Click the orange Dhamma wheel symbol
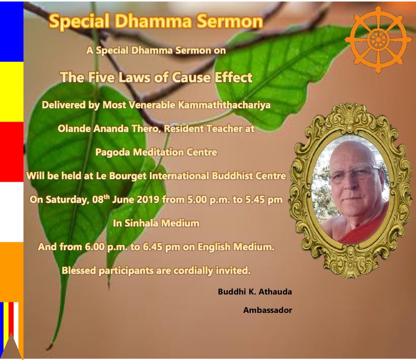pyautogui.click(x=378, y=40)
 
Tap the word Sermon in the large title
pyautogui.click(x=230, y=21)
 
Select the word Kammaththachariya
pyautogui.click(x=224, y=105)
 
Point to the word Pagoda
pyautogui.click(x=113, y=153)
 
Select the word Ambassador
pyautogui.click(x=268, y=310)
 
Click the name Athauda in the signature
pyautogui.click(x=275, y=292)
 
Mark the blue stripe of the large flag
pyautogui.click(x=12, y=32)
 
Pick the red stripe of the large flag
pyautogui.click(x=12, y=152)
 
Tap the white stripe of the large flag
pyautogui.click(x=12, y=212)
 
